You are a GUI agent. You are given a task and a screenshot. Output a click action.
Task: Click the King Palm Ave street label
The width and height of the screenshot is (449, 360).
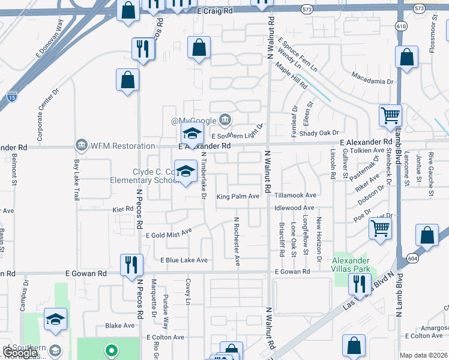(x=238, y=196)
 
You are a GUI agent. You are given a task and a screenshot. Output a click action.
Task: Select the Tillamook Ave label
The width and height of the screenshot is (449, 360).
(x=295, y=196)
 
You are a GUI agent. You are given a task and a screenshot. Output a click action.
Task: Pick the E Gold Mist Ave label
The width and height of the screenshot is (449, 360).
(x=169, y=233)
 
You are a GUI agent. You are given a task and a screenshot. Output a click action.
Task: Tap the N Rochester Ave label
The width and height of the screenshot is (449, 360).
(x=237, y=242)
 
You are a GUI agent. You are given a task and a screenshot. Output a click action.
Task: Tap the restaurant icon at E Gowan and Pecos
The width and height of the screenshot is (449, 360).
(x=130, y=265)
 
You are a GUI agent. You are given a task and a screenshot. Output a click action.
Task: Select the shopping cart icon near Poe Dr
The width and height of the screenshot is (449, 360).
(x=380, y=228)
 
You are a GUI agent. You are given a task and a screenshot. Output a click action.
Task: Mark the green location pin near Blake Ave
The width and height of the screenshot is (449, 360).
(x=110, y=350)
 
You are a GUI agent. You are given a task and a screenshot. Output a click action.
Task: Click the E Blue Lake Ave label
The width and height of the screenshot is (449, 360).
(x=184, y=260)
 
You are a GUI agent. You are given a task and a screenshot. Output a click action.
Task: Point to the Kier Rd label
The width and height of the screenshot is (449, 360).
(x=122, y=209)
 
